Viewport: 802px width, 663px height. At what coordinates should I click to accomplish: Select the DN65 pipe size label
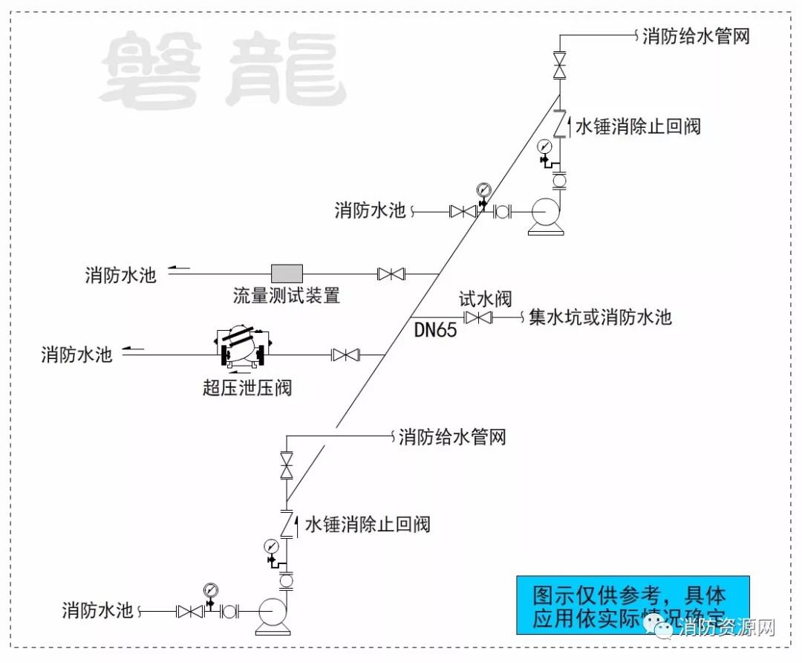[x=435, y=330]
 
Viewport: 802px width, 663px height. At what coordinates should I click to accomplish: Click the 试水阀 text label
[x=485, y=299]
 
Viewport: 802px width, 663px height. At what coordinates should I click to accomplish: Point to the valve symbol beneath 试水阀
[x=477, y=318]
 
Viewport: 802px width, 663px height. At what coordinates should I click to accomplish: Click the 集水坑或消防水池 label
[x=600, y=317]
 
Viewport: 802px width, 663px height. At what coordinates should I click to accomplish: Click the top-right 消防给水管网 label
[x=696, y=36]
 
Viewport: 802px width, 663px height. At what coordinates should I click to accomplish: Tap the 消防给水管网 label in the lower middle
[x=452, y=437]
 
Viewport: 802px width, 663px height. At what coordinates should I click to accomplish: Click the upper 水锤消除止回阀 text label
[x=638, y=126]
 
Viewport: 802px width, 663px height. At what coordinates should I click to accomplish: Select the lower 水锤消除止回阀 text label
[x=368, y=524]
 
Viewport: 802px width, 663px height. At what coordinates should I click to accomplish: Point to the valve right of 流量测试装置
[x=391, y=274]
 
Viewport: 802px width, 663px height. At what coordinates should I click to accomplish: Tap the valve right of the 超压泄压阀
[x=345, y=355]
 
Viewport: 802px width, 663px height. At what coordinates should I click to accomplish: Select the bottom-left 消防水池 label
[x=98, y=611]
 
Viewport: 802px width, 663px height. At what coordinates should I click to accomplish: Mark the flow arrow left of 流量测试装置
[x=179, y=268]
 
